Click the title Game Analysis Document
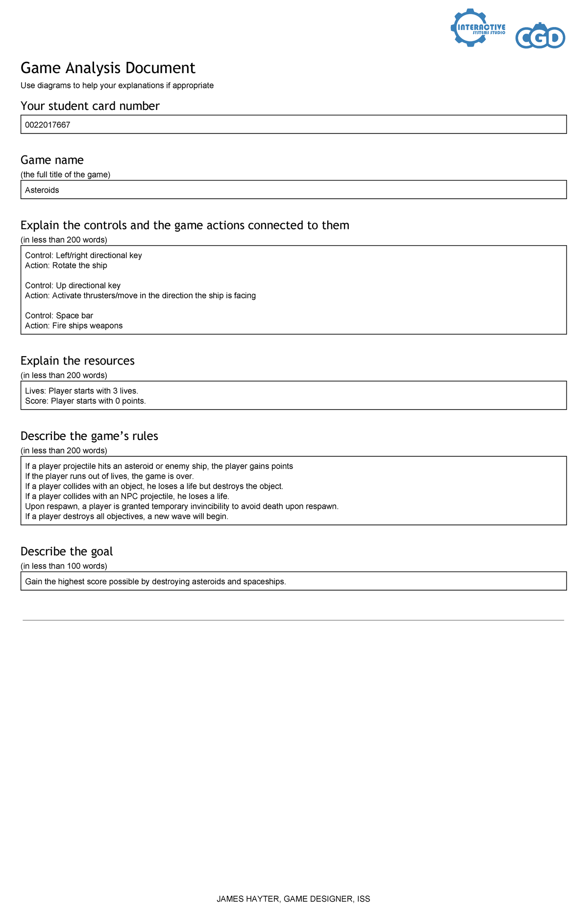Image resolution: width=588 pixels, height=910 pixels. (x=108, y=68)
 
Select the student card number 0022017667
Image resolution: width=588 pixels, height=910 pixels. (x=48, y=125)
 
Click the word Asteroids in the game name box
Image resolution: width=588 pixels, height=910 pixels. (x=42, y=190)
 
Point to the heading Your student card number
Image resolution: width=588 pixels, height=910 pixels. (x=90, y=106)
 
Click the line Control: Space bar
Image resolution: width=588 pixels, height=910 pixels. (x=59, y=315)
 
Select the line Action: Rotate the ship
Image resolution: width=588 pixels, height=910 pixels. (x=66, y=265)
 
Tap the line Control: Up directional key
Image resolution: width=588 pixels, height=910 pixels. (x=73, y=286)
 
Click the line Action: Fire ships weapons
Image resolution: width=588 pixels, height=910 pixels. (x=73, y=326)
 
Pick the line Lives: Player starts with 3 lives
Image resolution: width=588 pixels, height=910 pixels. (x=81, y=391)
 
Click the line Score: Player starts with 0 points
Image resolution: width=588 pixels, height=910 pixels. (x=85, y=401)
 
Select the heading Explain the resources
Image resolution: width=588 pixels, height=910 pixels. (x=77, y=361)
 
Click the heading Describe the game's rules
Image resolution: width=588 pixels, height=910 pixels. (x=89, y=436)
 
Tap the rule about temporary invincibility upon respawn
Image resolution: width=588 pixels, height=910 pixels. (x=181, y=506)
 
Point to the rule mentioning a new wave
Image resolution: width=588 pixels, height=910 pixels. (x=126, y=517)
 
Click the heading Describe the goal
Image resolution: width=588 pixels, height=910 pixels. (x=67, y=551)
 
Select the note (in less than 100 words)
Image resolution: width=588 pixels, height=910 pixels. (x=64, y=566)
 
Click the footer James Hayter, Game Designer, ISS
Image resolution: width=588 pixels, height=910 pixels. (x=293, y=899)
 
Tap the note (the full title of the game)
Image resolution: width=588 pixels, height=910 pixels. (x=65, y=175)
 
